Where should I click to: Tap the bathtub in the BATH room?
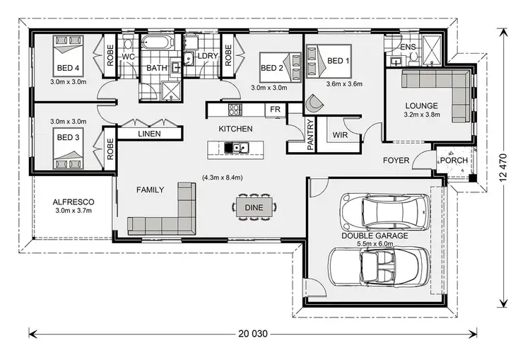coord(157,44)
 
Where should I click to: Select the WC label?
coord(129,56)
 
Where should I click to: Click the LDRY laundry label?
coord(208,56)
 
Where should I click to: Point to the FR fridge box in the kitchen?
coord(275,110)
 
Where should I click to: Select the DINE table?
coord(254,207)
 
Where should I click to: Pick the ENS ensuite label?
coord(408,47)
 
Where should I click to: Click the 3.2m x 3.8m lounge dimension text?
coord(421,114)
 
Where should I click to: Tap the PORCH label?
coord(453,161)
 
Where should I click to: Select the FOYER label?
coord(396,161)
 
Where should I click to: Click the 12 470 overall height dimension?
coord(503,168)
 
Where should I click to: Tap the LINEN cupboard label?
coord(149,134)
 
